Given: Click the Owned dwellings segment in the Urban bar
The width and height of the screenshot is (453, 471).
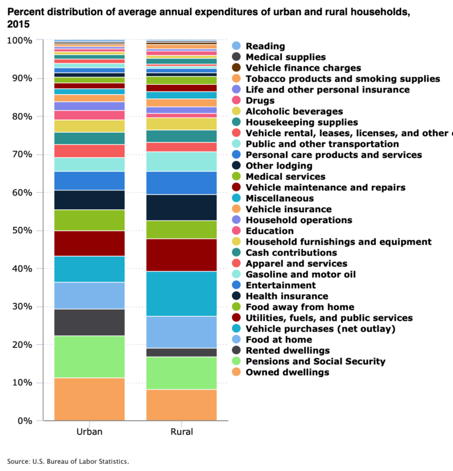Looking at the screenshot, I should coord(89,399).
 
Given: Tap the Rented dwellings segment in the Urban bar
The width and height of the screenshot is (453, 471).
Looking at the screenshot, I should coord(89,322).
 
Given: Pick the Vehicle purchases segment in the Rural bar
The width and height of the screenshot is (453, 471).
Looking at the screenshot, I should coord(181,294).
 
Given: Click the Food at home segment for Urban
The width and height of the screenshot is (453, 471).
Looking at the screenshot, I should coord(89,295).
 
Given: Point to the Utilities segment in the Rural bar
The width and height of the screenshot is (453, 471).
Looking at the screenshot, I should coord(181,255).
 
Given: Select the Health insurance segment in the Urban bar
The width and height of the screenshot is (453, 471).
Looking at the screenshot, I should coord(89,200).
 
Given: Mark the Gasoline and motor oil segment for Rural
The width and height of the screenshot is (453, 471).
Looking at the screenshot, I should coord(181,162).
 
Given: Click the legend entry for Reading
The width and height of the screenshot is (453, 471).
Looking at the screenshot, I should coord(265,46).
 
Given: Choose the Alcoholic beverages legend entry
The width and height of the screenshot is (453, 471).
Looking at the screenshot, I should coord(294,111).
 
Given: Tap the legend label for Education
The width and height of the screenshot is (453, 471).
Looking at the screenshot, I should coord(270,231).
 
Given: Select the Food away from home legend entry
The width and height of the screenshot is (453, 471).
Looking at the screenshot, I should coord(300,307).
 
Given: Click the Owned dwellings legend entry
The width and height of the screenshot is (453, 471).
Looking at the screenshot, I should coord(287,373).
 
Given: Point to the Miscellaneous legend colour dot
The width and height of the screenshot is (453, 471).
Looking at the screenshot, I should coord(237,199).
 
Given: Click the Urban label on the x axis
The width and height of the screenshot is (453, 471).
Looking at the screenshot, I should coord(89,432).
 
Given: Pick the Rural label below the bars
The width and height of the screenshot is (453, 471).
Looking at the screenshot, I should coord(181,432).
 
